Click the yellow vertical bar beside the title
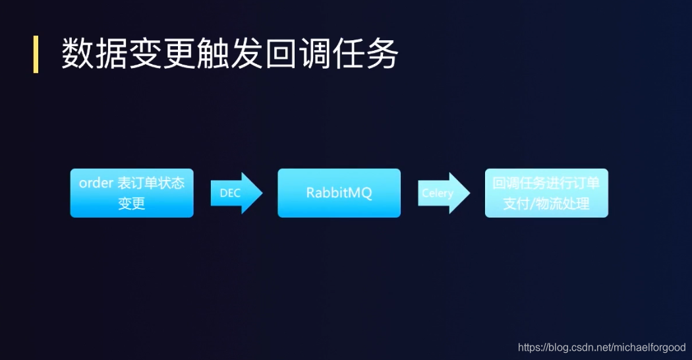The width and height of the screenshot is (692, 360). tap(36, 55)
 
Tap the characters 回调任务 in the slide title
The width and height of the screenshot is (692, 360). tap(332, 55)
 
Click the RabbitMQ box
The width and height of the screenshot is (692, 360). tap(339, 193)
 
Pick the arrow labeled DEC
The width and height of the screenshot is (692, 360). tap(237, 193)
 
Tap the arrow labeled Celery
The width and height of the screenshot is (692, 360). tap(444, 193)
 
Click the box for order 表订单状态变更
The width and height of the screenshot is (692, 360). tap(132, 193)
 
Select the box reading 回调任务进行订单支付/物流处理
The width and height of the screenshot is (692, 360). tap(546, 193)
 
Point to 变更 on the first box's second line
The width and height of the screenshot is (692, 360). tap(132, 204)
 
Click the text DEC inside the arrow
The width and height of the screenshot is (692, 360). tap(230, 194)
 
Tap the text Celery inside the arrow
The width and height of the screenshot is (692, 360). tap(438, 194)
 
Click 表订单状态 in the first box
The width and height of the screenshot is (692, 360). tap(150, 183)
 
